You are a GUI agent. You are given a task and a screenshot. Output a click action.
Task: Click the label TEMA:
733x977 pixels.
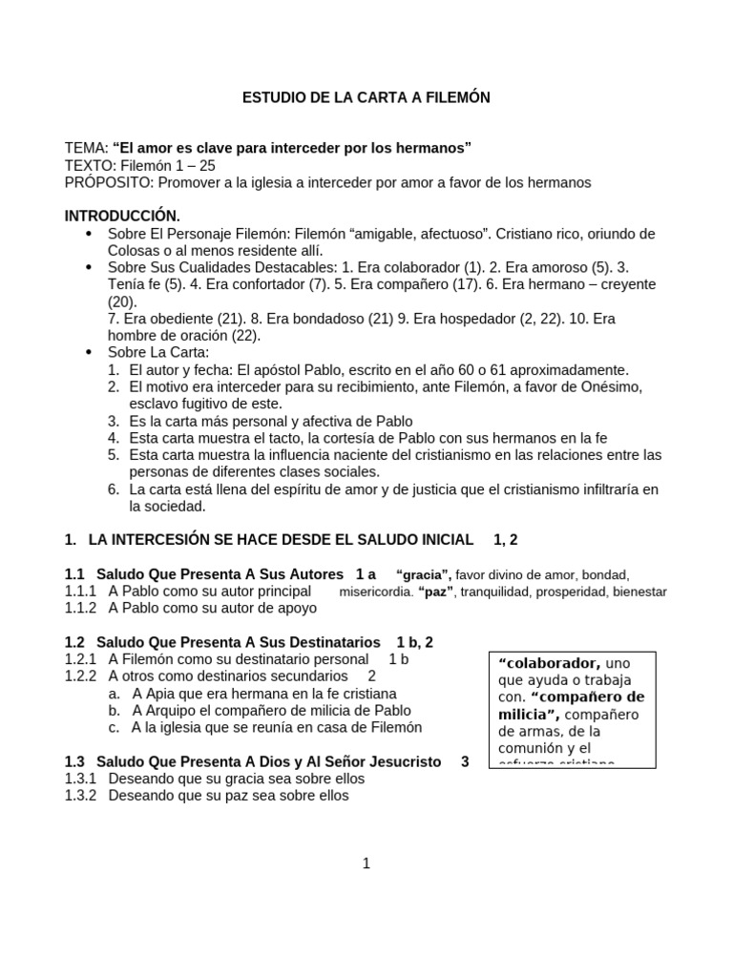pos(86,148)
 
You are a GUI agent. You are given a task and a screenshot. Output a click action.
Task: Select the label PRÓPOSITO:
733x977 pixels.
pos(108,182)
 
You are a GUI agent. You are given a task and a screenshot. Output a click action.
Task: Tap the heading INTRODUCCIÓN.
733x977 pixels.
pos(121,217)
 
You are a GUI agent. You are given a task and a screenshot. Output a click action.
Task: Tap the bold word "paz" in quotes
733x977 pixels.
pos(436,592)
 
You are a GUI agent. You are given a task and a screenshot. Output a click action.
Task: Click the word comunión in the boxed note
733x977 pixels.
pos(534,748)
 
